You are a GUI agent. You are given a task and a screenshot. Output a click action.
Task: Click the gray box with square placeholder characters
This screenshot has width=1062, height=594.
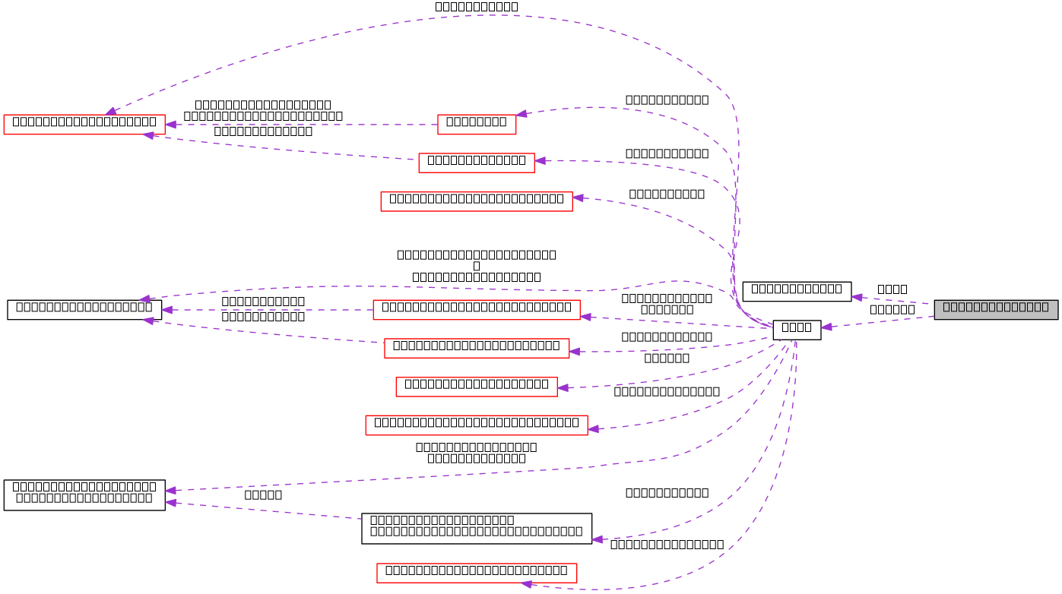coord(996,309)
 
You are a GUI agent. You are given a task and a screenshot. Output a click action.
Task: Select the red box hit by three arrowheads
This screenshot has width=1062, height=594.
coord(84,125)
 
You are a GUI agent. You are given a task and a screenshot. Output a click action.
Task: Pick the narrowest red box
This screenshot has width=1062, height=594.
coord(477,125)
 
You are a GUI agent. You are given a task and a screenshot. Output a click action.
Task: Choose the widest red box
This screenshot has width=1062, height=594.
coord(476,425)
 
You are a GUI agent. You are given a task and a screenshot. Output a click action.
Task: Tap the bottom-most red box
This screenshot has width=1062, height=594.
coord(477,573)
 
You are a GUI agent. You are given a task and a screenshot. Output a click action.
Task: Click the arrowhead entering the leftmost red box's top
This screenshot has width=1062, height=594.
coord(111,111)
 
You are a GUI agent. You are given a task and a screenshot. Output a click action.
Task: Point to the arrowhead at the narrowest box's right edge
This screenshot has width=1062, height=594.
coord(521,114)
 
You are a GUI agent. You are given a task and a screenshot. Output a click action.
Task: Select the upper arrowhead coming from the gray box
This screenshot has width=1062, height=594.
coord(857,297)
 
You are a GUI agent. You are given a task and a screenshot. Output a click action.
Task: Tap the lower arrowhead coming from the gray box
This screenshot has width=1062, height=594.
coord(826,327)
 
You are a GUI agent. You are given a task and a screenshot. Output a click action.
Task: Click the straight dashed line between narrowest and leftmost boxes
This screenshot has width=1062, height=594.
coord(304,125)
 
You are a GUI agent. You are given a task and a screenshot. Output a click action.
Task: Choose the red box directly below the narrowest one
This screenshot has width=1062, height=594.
coord(476,163)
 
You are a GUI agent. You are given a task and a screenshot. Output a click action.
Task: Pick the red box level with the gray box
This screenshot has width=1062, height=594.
coord(476,310)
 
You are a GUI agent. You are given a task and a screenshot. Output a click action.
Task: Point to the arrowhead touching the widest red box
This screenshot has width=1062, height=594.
coord(593,429)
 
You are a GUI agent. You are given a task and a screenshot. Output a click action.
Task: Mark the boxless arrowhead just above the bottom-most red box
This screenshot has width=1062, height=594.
coord(598,539)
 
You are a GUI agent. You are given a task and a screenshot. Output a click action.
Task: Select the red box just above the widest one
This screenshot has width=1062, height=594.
coord(476,387)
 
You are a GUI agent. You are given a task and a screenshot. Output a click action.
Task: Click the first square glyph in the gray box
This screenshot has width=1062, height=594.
coord(947,307)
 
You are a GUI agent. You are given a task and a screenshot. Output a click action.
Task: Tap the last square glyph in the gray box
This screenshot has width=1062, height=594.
coord(1045,307)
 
